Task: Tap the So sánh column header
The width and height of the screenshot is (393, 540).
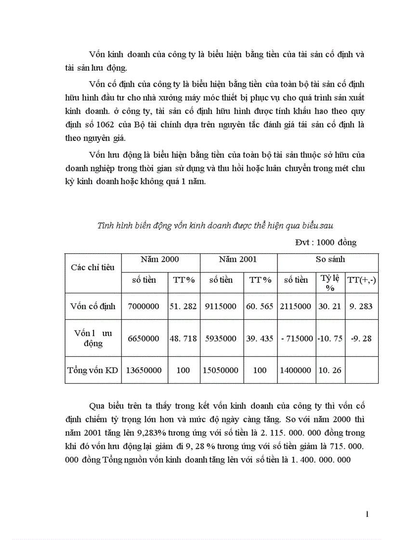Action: coord(330,259)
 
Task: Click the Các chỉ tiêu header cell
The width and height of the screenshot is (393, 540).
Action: coord(92,267)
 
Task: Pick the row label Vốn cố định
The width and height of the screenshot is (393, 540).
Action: coord(92,306)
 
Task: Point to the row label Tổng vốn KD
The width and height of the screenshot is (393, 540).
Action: coord(93,370)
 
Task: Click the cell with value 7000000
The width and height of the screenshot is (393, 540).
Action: coord(143,306)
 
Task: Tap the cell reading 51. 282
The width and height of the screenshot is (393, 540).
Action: coord(183,306)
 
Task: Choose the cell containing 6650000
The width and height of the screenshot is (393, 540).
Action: coord(143,339)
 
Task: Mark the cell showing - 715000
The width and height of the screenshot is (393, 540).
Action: coord(297,339)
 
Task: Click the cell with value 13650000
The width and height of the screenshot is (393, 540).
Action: coord(143,370)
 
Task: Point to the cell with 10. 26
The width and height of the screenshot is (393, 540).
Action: coord(330,370)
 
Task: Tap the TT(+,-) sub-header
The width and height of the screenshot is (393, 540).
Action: coord(362,280)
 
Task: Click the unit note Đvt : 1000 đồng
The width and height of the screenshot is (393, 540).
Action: coord(326,242)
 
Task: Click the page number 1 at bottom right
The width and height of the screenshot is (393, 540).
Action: coord(367,515)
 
